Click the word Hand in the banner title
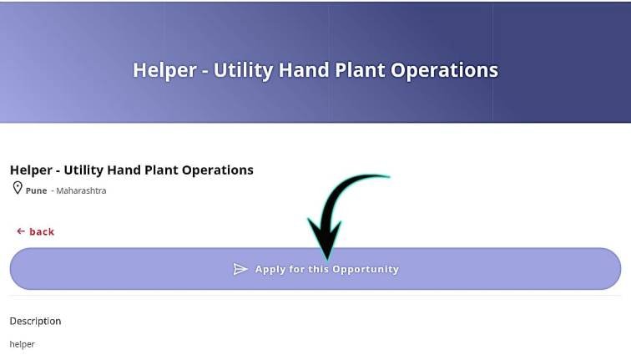(303, 69)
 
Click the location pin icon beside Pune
(17, 189)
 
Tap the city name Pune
(36, 190)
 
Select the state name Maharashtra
(81, 190)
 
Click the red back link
(41, 231)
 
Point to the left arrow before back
(21, 231)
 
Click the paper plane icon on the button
(240, 269)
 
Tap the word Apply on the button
(270, 269)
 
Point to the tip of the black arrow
(326, 256)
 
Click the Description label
(35, 321)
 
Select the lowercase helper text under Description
(22, 344)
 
